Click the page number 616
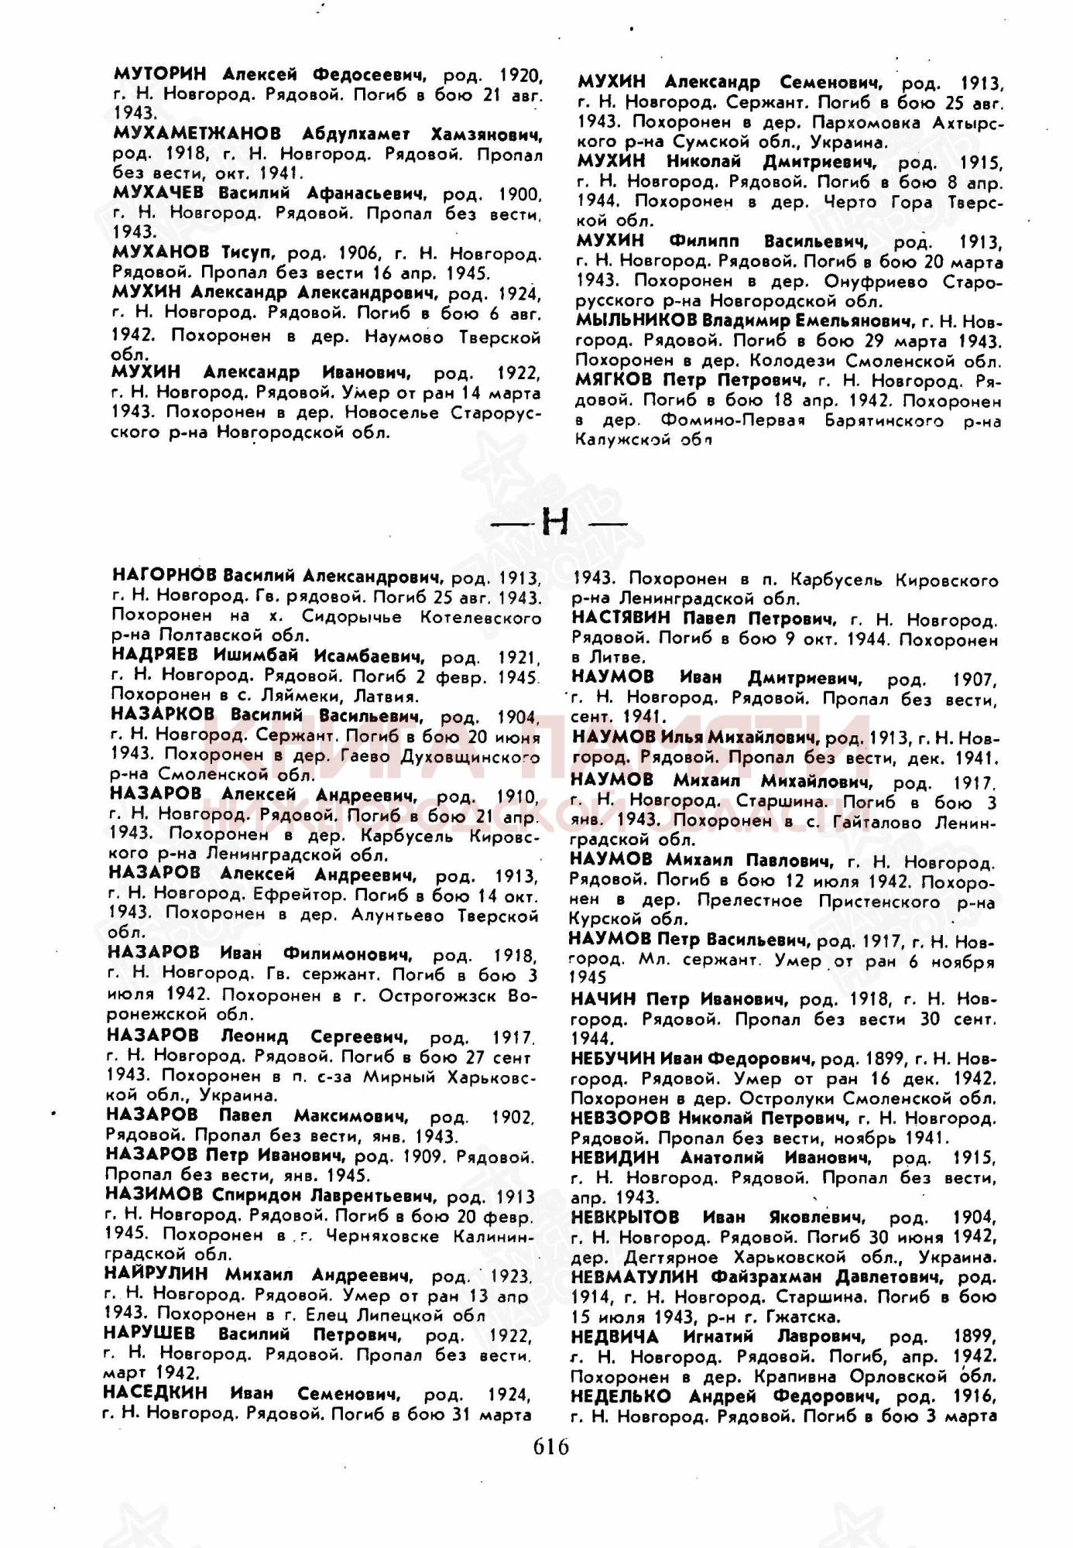coord(551,1446)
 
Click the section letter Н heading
coord(555,522)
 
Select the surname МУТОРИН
coord(159,74)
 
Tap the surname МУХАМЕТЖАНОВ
coord(197,134)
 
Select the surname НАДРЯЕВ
coord(157,656)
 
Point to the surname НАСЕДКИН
coord(155,1392)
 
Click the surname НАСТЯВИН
coord(622,618)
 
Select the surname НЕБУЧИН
coord(614,1057)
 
